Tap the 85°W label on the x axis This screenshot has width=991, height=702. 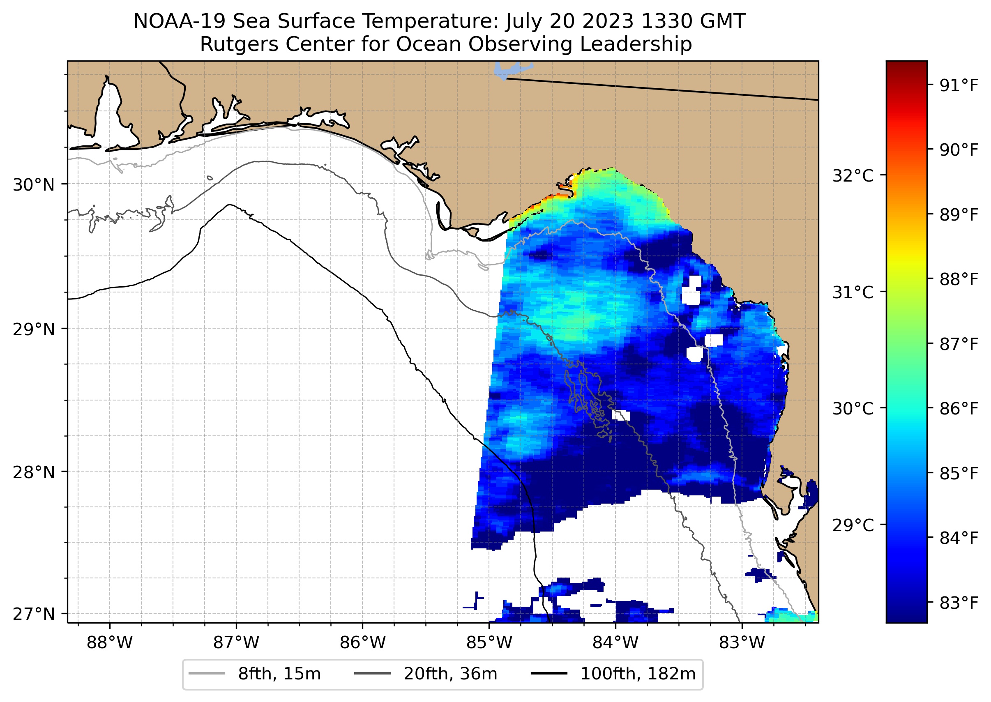pyautogui.click(x=489, y=643)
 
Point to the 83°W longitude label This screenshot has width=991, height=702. pyautogui.click(x=742, y=643)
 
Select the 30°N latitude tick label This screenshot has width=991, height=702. pyautogui.click(x=34, y=185)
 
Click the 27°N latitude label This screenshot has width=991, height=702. pyautogui.click(x=34, y=614)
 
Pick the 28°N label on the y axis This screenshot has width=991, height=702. pyautogui.click(x=34, y=472)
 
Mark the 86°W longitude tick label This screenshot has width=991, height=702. pyautogui.click(x=362, y=643)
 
